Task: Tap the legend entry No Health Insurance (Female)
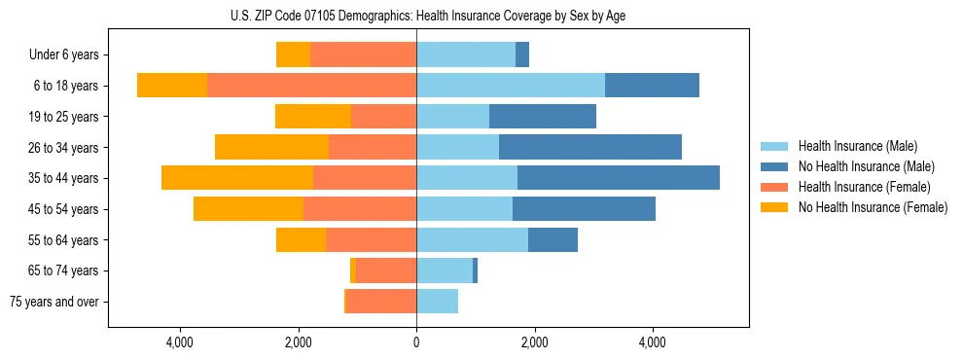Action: tap(872, 207)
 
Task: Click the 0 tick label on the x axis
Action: tap(416, 342)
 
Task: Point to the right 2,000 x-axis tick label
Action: tap(534, 342)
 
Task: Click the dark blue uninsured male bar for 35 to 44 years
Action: tap(618, 178)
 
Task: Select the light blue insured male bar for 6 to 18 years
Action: tap(511, 86)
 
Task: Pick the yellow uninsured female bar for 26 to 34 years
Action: tap(271, 147)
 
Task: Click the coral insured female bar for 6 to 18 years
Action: tap(311, 86)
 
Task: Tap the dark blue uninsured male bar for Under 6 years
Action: tap(522, 55)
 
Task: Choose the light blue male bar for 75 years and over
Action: tap(437, 302)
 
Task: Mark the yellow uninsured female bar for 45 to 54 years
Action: tap(248, 209)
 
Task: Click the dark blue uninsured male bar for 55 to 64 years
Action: tap(553, 239)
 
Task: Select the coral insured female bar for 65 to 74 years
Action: tap(386, 270)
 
